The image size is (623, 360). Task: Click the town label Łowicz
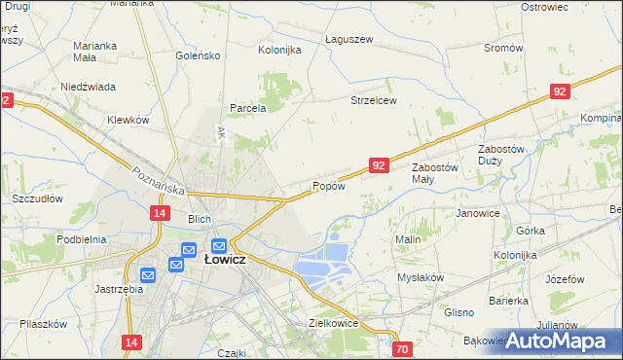tap(224, 261)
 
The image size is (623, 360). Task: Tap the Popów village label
tap(328, 186)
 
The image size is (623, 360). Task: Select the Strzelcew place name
tap(374, 100)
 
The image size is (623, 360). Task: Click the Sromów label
tap(503, 48)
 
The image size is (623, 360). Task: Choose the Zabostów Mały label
tap(434, 172)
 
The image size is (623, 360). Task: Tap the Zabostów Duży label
tap(501, 154)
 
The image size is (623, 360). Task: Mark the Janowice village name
tap(478, 213)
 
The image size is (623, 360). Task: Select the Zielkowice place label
tap(334, 323)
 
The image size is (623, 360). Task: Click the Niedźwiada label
tap(89, 86)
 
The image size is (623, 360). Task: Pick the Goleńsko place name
tap(199, 56)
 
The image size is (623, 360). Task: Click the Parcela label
tap(247, 108)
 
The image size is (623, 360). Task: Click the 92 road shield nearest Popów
tap(380, 166)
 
